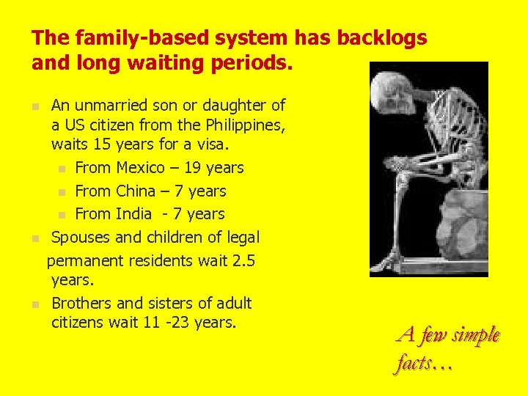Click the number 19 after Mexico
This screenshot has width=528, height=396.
coord(193,168)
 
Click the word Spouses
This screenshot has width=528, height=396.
coord(81,238)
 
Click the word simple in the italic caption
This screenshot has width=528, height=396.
coord(476,336)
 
